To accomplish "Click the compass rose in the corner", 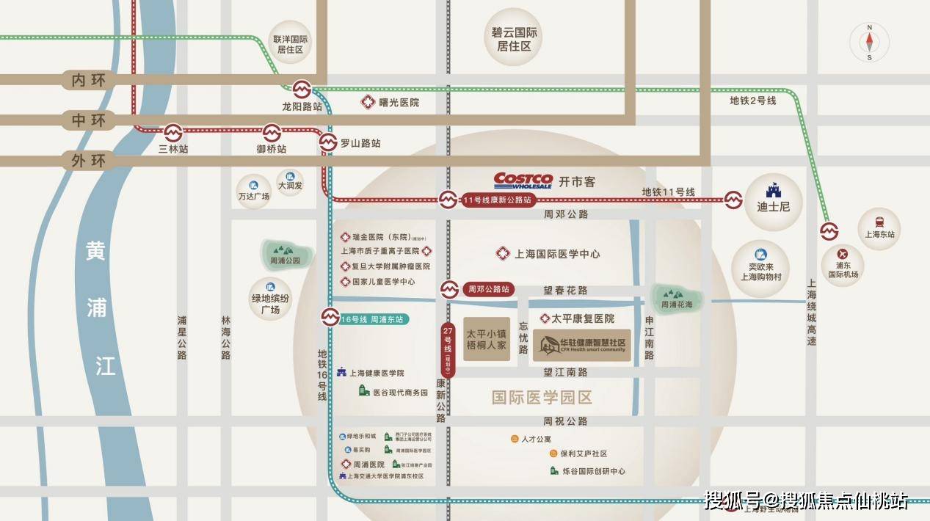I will tap(869, 42).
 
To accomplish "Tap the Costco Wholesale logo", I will tap(523, 181).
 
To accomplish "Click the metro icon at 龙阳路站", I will tap(302, 90).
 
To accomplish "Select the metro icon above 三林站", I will tap(173, 132).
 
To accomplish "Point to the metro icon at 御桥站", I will tap(272, 132).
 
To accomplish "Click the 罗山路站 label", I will tap(360, 144).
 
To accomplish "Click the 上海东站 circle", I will tap(879, 225).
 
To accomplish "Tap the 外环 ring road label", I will tap(89, 160).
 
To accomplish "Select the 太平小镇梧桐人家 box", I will tap(487, 339).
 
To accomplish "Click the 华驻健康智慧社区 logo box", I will tap(581, 345).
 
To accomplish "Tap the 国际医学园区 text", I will tap(542, 398).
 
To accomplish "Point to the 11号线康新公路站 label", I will tap(496, 200).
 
